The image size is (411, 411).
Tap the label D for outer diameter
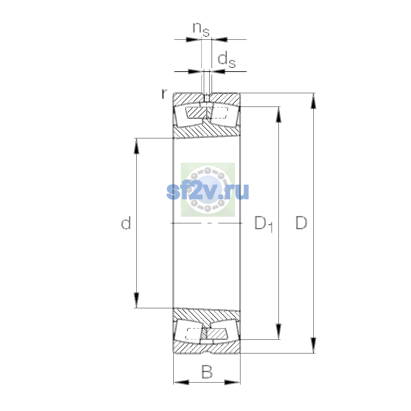point(301,223)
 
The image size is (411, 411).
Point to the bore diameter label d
point(126,223)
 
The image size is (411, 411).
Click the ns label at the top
point(201,29)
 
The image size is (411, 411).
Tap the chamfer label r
point(164,94)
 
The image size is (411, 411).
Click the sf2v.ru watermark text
point(208,191)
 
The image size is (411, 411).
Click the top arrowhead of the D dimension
point(313,101)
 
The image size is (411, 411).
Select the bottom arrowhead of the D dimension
point(313,345)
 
